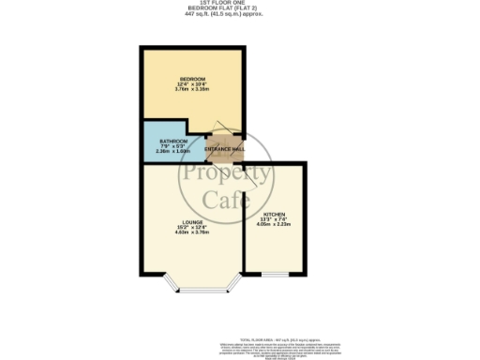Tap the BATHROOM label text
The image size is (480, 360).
160,141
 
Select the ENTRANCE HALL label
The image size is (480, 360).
225,149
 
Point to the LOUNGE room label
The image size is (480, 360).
193,221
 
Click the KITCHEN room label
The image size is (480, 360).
275,215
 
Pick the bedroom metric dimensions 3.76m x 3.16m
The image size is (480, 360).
193,91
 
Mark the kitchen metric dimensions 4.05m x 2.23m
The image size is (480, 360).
275,225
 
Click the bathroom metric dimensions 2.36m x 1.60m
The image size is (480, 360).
160,151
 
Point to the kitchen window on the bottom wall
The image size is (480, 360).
274,276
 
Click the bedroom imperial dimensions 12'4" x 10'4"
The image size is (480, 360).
193,85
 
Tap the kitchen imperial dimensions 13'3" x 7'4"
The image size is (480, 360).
275,220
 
